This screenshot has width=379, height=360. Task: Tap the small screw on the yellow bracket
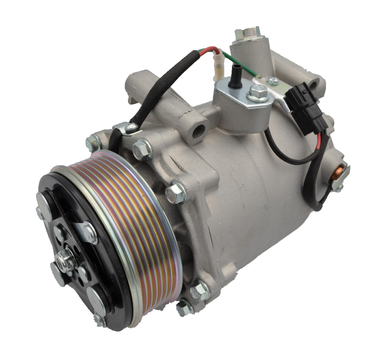pyautogui.click(x=271, y=80)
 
